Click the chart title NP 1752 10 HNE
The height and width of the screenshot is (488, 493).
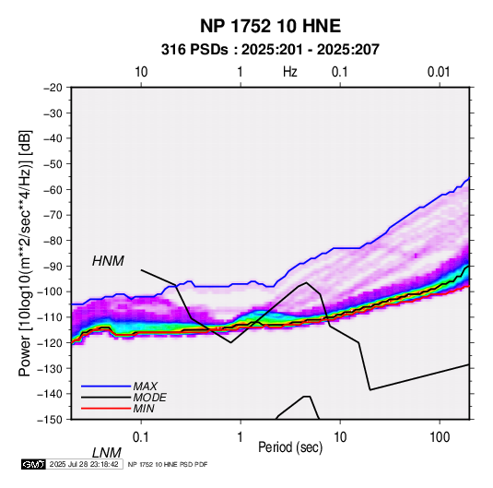click(x=270, y=26)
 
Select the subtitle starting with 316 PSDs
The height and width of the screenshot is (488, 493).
click(x=270, y=50)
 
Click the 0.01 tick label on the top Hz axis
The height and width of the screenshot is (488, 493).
click(x=439, y=72)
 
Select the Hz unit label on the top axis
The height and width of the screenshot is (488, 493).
click(x=290, y=72)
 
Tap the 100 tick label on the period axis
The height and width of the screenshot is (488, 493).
click(x=440, y=437)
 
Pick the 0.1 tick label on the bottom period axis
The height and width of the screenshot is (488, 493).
click(x=141, y=437)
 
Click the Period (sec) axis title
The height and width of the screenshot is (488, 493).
click(x=290, y=446)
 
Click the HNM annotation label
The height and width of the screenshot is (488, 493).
click(x=108, y=261)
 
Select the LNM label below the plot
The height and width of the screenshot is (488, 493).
click(x=107, y=453)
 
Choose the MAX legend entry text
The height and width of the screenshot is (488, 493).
click(x=145, y=387)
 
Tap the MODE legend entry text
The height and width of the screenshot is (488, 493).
click(x=149, y=398)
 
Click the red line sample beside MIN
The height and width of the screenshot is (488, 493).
click(x=106, y=409)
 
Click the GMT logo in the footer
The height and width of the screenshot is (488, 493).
click(x=34, y=464)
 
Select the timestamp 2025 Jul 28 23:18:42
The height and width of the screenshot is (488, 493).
click(x=84, y=464)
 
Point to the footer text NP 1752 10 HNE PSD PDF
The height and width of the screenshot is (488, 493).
click(x=168, y=464)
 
